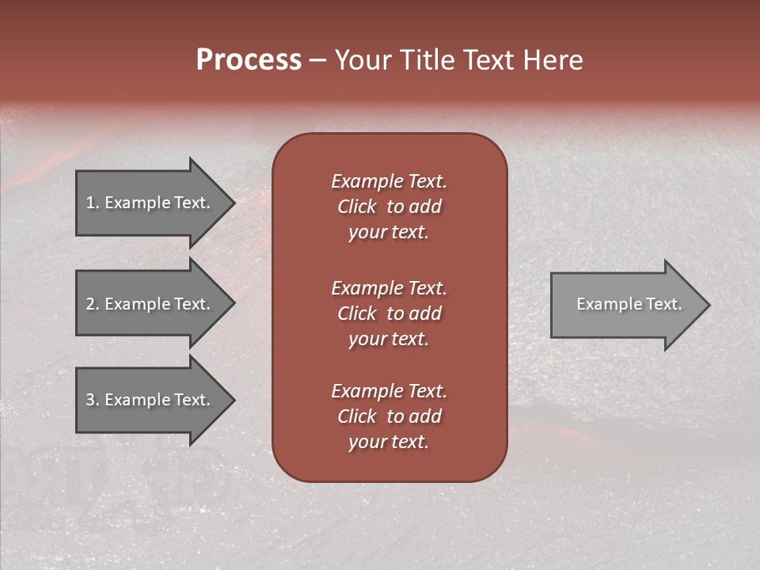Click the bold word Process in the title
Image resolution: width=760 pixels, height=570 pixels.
[x=249, y=60]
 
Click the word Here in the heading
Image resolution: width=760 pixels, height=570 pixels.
[x=553, y=60]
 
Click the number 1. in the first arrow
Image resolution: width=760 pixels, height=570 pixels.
[x=92, y=203]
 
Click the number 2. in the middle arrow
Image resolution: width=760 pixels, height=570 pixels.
[x=92, y=304]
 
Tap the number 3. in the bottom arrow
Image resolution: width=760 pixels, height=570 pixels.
[x=92, y=400]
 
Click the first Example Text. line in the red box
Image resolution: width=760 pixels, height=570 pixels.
[x=389, y=181]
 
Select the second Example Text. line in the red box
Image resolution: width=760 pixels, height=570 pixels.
[x=389, y=288]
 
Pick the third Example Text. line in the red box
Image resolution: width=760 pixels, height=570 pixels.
[x=389, y=391]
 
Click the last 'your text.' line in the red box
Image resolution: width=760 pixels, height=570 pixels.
[x=389, y=442]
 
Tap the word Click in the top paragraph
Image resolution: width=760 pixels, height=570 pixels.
[x=357, y=207]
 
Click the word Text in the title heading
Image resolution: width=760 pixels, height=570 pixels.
[x=489, y=60]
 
